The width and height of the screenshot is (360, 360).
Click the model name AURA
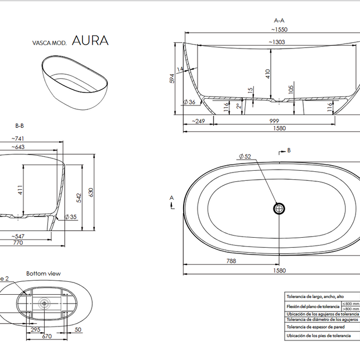pos(90,41)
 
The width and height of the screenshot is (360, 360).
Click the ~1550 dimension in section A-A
pos(279,28)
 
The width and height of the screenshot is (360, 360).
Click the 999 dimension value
pos(273,121)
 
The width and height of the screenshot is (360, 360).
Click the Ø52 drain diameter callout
pos(244,157)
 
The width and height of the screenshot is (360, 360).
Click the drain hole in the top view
pos(279,208)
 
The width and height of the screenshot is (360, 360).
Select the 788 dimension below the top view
pos(231,261)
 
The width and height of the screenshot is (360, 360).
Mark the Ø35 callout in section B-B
pos(70,217)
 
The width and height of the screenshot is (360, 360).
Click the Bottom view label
pos(44,273)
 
